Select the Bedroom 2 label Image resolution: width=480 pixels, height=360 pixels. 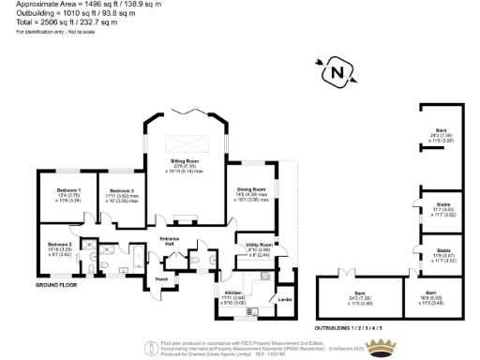pos(59,246)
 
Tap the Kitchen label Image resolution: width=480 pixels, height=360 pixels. pos(232,293)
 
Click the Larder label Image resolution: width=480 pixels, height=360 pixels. pos(285,299)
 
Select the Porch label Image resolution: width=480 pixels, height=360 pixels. pos(161,278)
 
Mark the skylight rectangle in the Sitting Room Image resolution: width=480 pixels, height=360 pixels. pos(185,143)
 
